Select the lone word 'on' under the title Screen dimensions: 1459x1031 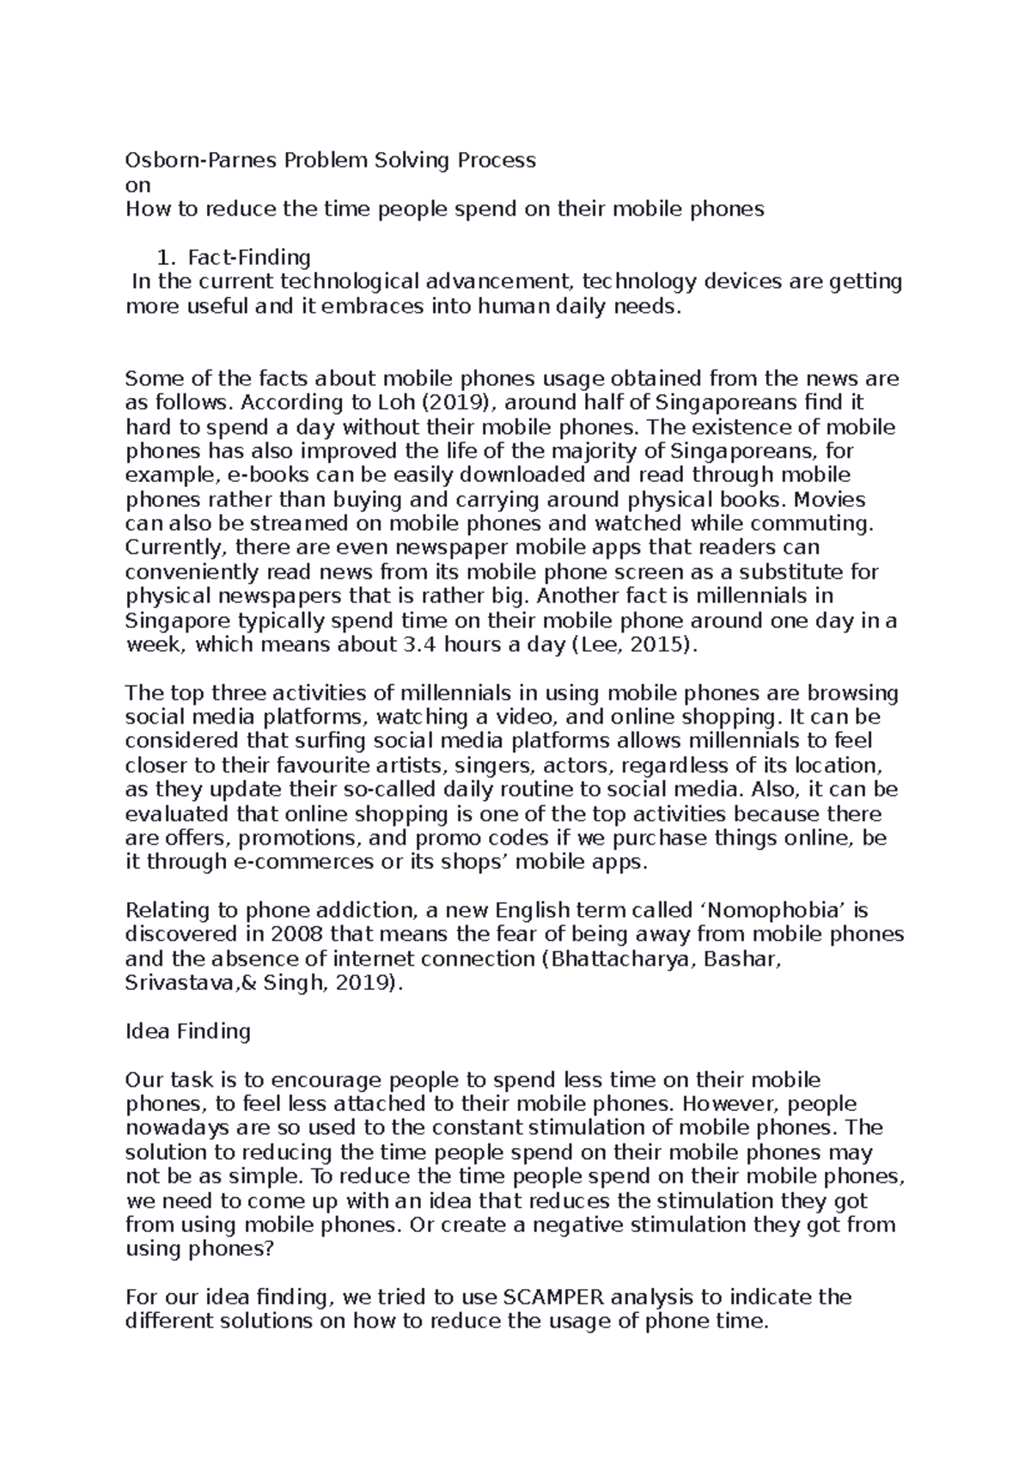[x=137, y=185]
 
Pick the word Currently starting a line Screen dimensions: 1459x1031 [x=172, y=547]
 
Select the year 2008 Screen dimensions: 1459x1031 [x=299, y=934]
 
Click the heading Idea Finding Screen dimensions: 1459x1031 [x=187, y=1031]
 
